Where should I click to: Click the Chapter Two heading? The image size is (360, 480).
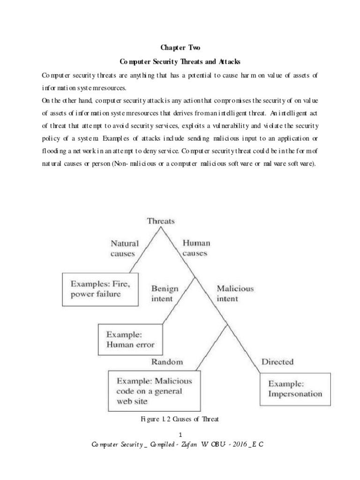pos(180,47)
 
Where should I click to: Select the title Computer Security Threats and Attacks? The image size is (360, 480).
pos(180,61)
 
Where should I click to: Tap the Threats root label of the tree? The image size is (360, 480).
pos(161,221)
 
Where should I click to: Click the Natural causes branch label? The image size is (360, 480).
pos(124,248)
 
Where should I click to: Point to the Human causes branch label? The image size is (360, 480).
pos(196,248)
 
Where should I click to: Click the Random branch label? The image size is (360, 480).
pos(167,361)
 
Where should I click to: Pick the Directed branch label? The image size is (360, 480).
pos(277,361)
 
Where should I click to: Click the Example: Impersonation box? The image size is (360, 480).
pos(295,389)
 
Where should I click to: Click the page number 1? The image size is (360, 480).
pos(180,436)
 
